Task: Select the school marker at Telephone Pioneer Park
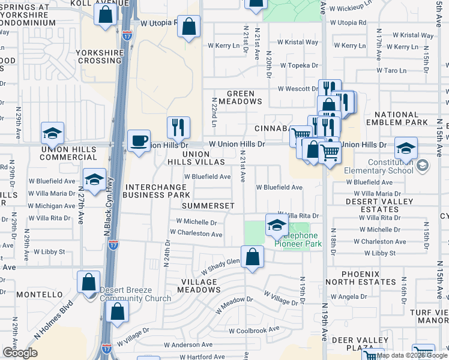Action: pyautogui.click(x=276, y=225)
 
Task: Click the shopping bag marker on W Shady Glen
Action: pyautogui.click(x=253, y=257)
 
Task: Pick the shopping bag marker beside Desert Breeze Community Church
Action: pyautogui.click(x=89, y=282)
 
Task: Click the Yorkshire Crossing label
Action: pyautogui.click(x=100, y=56)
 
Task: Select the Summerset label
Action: pyautogui.click(x=208, y=205)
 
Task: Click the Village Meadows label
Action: pyautogui.click(x=202, y=286)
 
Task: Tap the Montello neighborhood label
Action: pyautogui.click(x=40, y=295)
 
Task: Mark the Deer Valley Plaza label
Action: pyautogui.click(x=353, y=344)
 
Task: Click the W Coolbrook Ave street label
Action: pyautogui.click(x=254, y=329)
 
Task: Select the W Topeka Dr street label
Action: pyautogui.click(x=297, y=65)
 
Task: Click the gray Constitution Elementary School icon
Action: pyautogui.click(x=422, y=165)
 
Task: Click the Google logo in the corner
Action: pyautogui.click(x=20, y=353)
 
